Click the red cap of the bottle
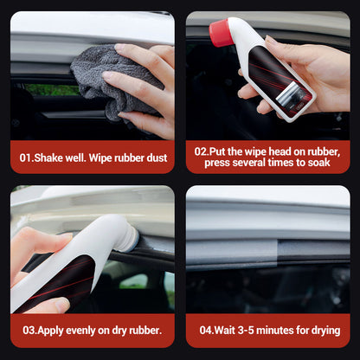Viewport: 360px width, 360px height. pos(222,33)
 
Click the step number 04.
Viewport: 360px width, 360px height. pos(209,331)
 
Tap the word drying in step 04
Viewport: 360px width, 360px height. pos(322,331)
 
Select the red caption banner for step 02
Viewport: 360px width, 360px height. pos(268,157)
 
